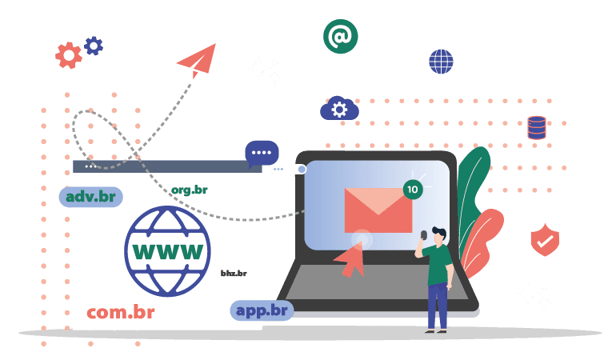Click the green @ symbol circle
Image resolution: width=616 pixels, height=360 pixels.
(x=340, y=37)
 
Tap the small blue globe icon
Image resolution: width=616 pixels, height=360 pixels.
(x=441, y=62)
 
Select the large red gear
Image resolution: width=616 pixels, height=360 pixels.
(x=69, y=55)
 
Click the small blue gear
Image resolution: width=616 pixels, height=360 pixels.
(x=94, y=46)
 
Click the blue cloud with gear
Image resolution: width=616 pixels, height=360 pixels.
(x=339, y=108)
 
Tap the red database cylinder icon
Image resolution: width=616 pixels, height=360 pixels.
(x=537, y=128)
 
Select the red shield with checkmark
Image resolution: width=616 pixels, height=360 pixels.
(x=545, y=240)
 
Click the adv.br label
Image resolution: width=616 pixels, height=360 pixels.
(x=90, y=197)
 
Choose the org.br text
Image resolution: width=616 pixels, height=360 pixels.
(x=190, y=190)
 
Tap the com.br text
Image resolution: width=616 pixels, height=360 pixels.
(x=121, y=313)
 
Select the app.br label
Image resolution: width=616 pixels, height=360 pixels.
(x=262, y=310)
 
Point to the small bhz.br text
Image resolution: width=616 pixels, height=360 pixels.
(x=234, y=273)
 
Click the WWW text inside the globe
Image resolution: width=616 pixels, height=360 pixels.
(x=168, y=251)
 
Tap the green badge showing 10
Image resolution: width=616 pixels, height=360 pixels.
(x=413, y=190)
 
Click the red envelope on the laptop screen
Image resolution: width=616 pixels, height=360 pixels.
(x=378, y=210)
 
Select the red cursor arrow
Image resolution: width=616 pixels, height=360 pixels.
(x=350, y=259)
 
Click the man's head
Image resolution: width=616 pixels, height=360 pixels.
(x=439, y=235)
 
